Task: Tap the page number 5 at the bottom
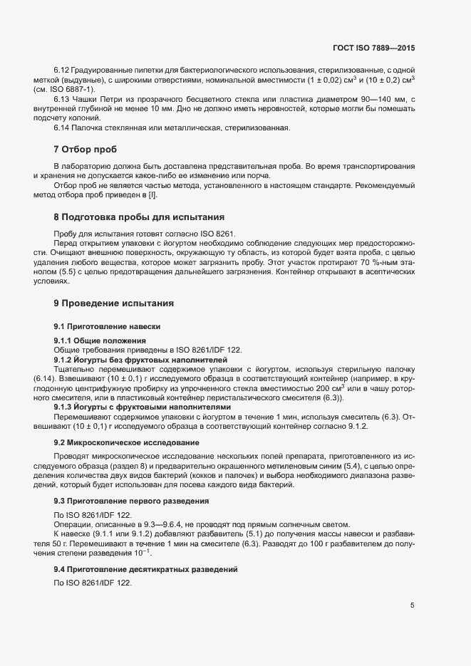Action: pyautogui.click(x=412, y=605)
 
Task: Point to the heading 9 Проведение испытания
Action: pyautogui.click(x=113, y=303)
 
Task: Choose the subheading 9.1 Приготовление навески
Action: pyautogui.click(x=107, y=326)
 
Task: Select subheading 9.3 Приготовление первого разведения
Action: pyautogui.click(x=131, y=501)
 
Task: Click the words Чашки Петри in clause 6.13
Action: pyautogui.click(x=93, y=99)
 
